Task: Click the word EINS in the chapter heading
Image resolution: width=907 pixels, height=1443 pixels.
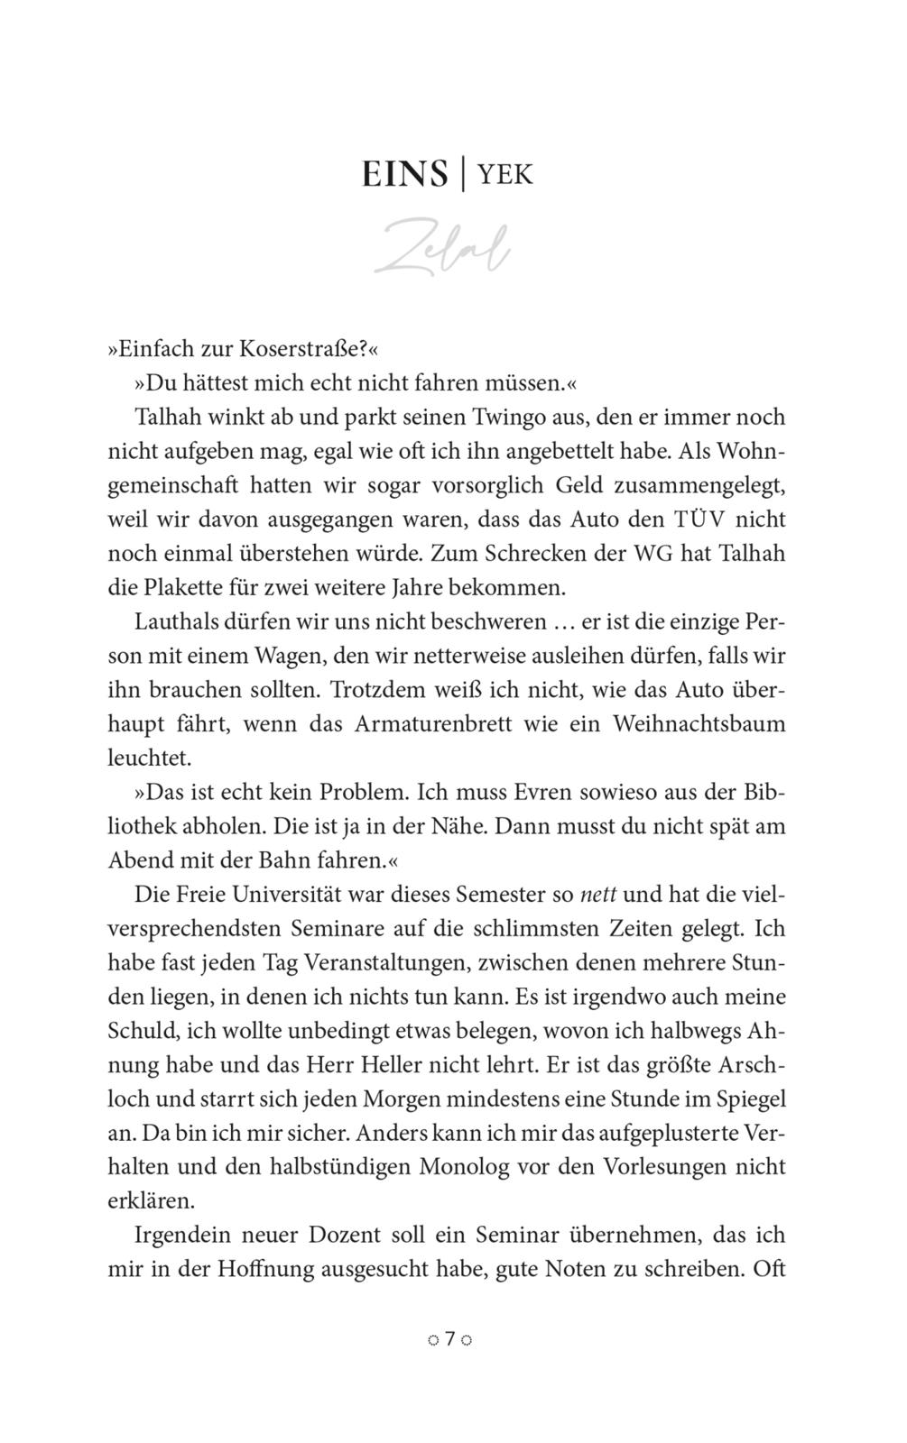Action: (404, 174)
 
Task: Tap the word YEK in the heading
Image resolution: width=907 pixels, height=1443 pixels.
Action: (505, 174)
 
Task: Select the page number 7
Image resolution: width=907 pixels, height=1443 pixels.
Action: (450, 1339)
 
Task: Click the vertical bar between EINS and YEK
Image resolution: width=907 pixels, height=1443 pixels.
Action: (463, 173)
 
